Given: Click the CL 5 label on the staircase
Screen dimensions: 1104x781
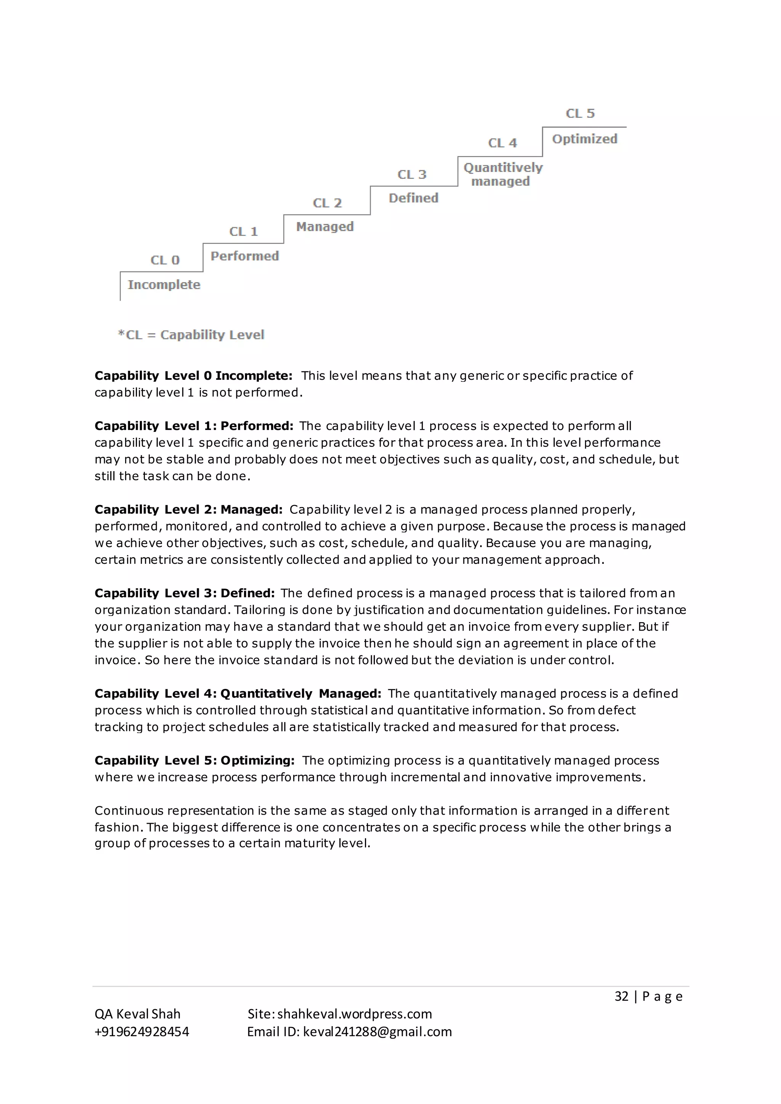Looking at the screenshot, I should pos(580,114).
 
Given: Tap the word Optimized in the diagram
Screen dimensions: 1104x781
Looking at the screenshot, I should pos(584,139).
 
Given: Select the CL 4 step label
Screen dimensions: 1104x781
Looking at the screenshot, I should pos(502,143).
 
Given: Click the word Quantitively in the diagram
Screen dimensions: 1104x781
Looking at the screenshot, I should pos(503,167).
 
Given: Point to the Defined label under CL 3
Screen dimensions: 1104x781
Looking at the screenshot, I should pos(413,198).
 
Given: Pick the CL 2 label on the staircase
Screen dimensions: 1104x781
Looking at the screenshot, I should pos(327,203).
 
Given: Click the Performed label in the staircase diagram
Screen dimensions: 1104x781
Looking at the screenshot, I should pos(244,256).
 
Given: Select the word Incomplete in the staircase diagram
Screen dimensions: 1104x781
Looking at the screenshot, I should pos(164,285).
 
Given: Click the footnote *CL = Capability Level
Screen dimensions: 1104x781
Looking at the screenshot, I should pos(191,335).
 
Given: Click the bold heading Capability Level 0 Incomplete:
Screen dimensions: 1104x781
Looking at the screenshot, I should pos(193,375).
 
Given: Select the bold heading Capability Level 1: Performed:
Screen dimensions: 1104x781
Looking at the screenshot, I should pos(194,426).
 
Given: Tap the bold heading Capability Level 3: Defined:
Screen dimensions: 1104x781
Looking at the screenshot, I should pos(185,593).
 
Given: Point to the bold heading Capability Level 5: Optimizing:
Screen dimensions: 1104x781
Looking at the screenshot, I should pos(194,761).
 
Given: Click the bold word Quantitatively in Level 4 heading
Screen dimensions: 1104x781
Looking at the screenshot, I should pos(266,694).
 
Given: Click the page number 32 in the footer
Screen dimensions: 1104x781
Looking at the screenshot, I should pos(621,996).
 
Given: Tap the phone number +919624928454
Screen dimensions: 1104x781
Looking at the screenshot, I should pos(142,1032).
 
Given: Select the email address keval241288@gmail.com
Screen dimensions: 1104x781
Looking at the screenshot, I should pos(377,1032).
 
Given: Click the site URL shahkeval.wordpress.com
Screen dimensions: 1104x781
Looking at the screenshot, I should pos(354,1014).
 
